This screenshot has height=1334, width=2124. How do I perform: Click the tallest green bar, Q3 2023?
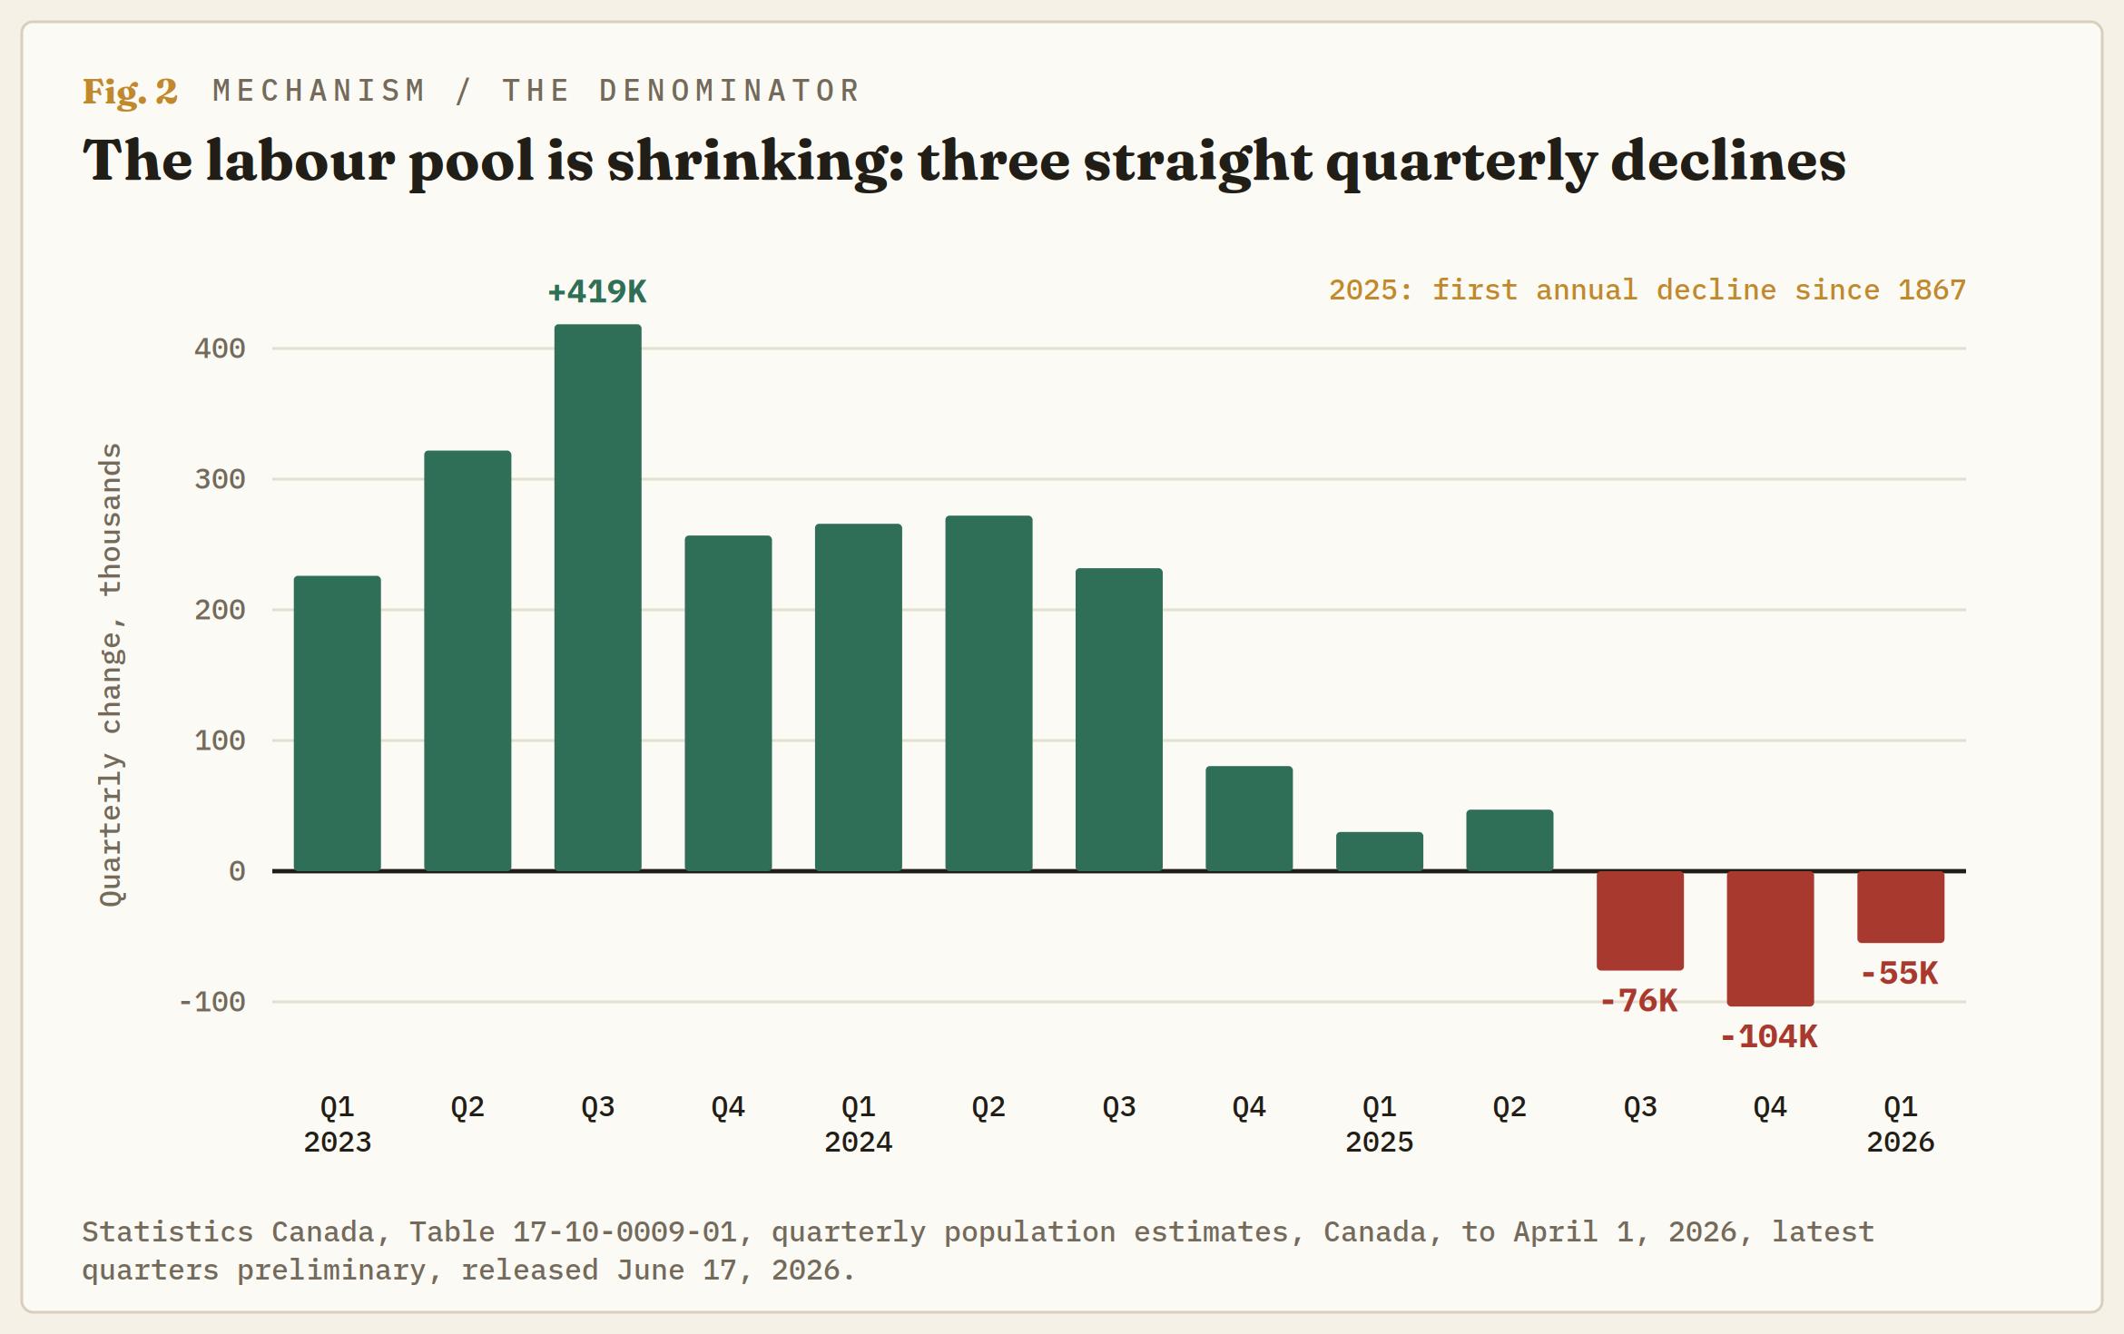pyautogui.click(x=598, y=597)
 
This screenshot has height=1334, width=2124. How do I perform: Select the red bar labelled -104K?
pyautogui.click(x=1770, y=938)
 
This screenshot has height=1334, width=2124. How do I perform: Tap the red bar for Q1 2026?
pyautogui.click(x=1901, y=907)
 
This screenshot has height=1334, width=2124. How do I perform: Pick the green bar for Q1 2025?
pyautogui.click(x=1380, y=851)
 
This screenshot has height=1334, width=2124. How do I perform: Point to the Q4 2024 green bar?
pyautogui.click(x=1249, y=819)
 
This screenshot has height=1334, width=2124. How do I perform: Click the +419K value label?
pyautogui.click(x=598, y=292)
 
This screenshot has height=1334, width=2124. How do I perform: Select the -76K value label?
pyautogui.click(x=1639, y=1001)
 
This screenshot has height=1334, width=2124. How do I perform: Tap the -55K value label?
pyautogui.click(x=1900, y=974)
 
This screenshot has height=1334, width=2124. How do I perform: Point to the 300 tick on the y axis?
pyautogui.click(x=220, y=479)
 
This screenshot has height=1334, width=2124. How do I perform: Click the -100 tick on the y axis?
pyautogui.click(x=212, y=1002)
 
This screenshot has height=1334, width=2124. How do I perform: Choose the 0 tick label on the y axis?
pyautogui.click(x=237, y=871)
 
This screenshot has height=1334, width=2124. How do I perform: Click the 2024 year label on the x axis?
pyautogui.click(x=859, y=1142)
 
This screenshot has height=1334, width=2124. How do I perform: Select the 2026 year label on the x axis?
pyautogui.click(x=1901, y=1142)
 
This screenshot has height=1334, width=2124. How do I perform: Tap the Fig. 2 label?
pyautogui.click(x=130, y=92)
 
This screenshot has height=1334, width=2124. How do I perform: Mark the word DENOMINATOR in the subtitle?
pyautogui.click(x=730, y=91)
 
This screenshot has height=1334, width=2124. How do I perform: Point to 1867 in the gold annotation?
pyautogui.click(x=1932, y=290)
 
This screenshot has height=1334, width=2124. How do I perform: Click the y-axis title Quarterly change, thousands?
pyautogui.click(x=111, y=674)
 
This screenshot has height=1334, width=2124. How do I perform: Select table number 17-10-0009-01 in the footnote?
pyautogui.click(x=624, y=1231)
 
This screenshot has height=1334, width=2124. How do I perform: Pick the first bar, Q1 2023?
pyautogui.click(x=338, y=723)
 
